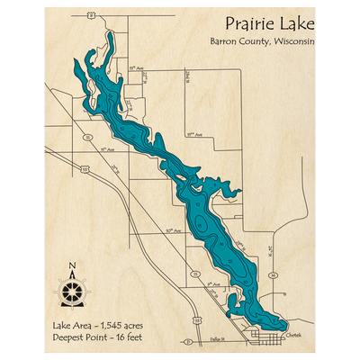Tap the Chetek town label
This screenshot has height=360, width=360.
[297, 333]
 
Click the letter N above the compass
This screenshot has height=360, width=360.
[72, 265]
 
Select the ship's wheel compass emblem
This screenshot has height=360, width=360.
[72, 290]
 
